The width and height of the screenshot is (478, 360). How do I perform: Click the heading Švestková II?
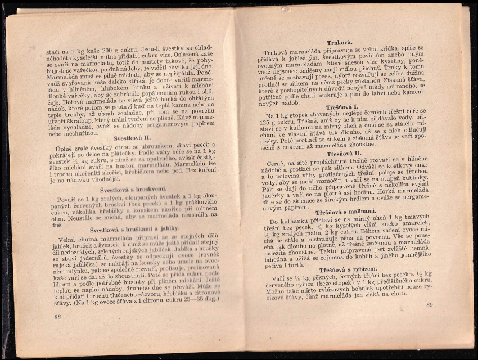(x=132, y=138)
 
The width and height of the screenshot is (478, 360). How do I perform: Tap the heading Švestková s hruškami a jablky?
(x=134, y=229)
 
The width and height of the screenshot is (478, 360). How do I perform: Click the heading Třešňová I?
(x=342, y=107)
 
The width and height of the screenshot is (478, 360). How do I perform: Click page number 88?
(x=57, y=317)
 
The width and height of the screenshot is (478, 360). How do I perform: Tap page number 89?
(x=430, y=305)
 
